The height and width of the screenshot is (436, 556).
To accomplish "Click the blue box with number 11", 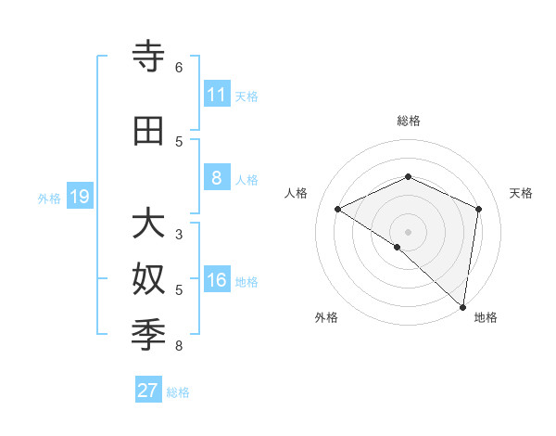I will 217,95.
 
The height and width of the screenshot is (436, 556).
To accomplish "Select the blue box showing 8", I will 217,179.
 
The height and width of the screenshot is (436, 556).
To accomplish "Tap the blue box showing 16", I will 217,281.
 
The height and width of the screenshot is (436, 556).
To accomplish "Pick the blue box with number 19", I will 80,197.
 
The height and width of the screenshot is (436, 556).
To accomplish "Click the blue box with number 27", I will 148,391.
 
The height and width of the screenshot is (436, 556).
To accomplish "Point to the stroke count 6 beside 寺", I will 178,67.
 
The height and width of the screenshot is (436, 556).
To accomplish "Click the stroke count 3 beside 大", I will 178,235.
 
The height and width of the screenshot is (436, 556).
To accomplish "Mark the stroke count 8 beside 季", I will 178,347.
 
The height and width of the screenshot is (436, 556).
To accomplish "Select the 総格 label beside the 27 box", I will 178,392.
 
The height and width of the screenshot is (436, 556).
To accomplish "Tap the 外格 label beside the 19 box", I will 48,198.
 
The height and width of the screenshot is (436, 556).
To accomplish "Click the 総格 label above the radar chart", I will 408,121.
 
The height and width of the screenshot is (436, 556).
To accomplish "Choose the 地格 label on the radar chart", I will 486,317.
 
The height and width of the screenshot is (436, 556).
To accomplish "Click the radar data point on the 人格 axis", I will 338,209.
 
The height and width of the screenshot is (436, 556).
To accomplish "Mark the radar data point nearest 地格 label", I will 462,306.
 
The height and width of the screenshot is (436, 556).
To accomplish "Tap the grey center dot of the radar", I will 408,231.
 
